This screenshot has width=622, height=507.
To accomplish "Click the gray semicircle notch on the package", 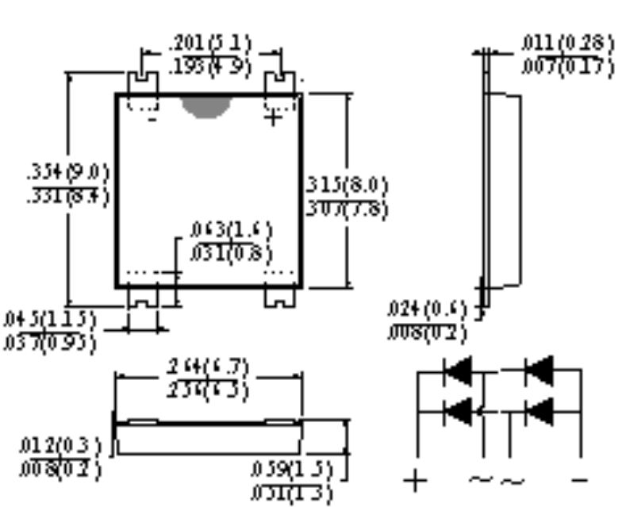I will [206, 107].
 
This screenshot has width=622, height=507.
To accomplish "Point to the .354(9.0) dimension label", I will [67, 172].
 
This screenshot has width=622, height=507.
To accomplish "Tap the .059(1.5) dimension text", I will [299, 467].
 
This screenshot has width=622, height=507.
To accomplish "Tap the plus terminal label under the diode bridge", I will [415, 480].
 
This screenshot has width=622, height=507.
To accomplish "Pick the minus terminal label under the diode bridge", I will [580, 480].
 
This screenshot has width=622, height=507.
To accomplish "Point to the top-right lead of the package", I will [279, 83].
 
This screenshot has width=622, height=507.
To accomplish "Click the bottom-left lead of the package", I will [143, 297].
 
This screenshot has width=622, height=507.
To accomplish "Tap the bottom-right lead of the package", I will [278, 297].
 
